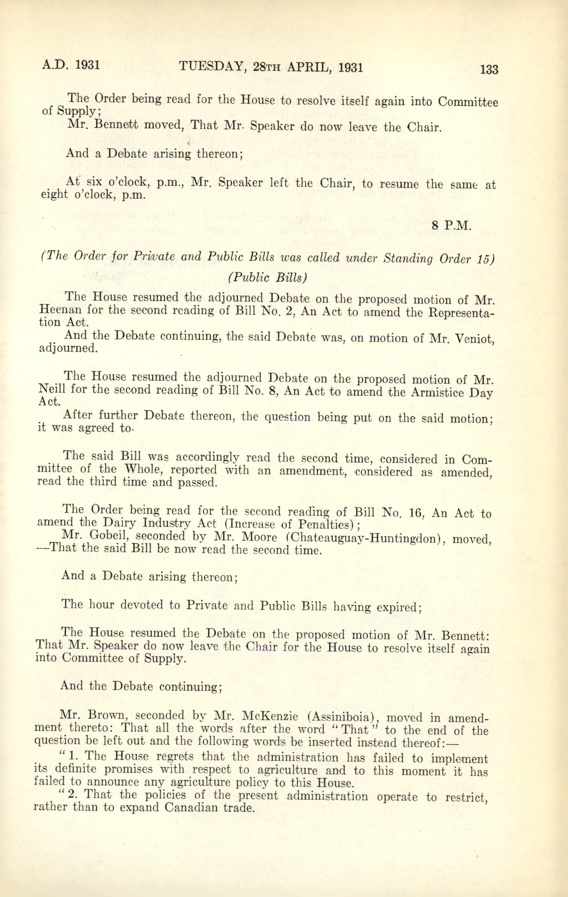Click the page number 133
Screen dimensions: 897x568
point(489,70)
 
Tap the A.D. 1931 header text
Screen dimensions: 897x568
point(71,65)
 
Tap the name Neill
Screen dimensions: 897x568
point(52,390)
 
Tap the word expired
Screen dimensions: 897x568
point(398,607)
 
